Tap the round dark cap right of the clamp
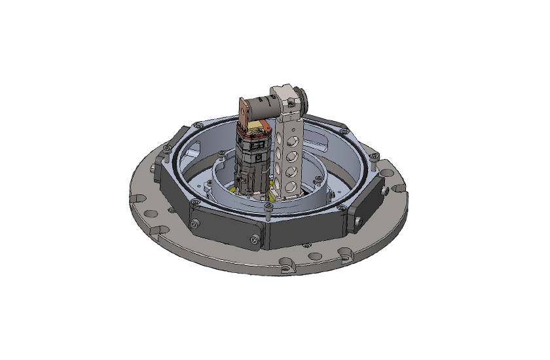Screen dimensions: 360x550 302,99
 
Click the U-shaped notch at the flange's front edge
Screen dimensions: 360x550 286,266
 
